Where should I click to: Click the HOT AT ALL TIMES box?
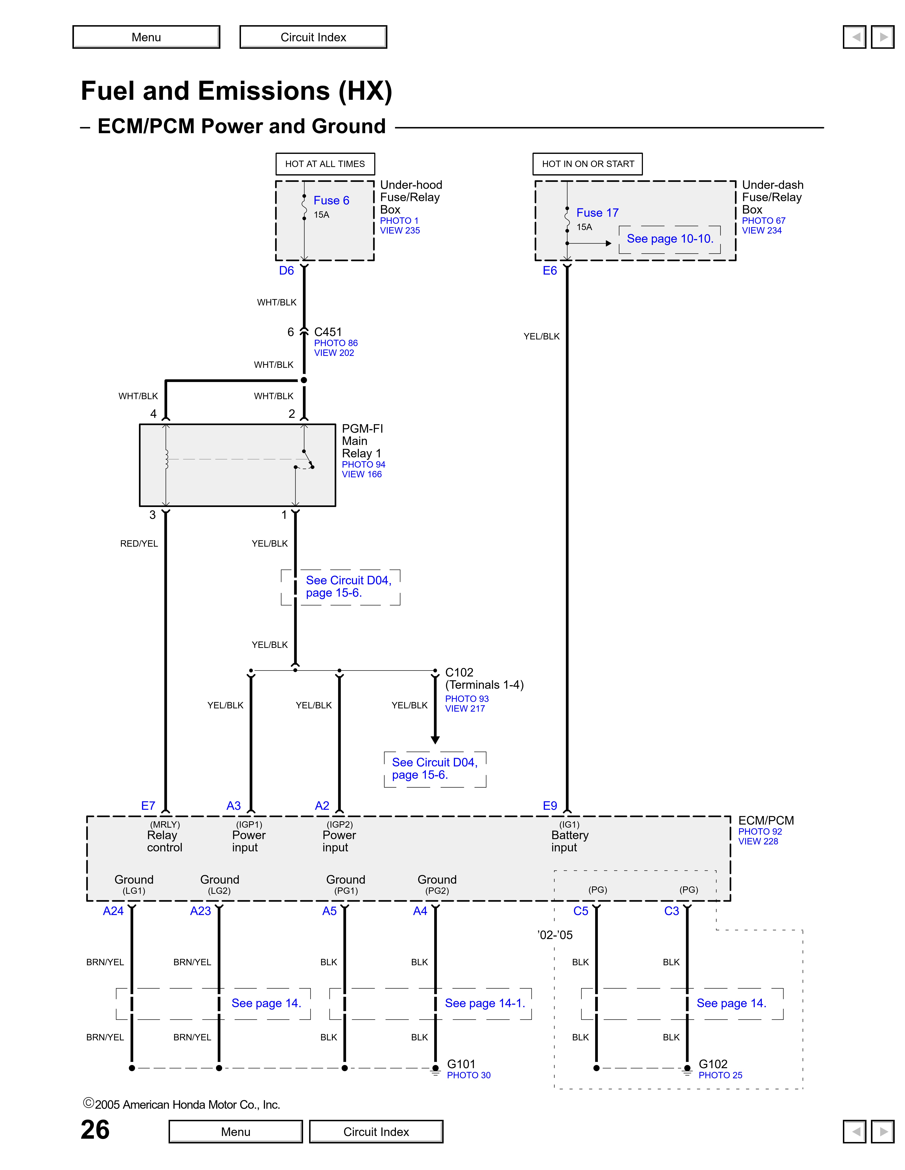pyautogui.click(x=325, y=164)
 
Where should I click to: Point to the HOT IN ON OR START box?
pyautogui.click(x=588, y=164)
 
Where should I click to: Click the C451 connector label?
pyautogui.click(x=328, y=332)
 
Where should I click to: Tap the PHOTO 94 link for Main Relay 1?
pyautogui.click(x=363, y=464)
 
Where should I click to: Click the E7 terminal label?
pyautogui.click(x=148, y=806)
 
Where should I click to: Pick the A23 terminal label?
pyautogui.click(x=201, y=911)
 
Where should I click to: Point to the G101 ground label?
pyautogui.click(x=461, y=1064)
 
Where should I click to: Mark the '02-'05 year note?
pyautogui.click(x=555, y=935)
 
